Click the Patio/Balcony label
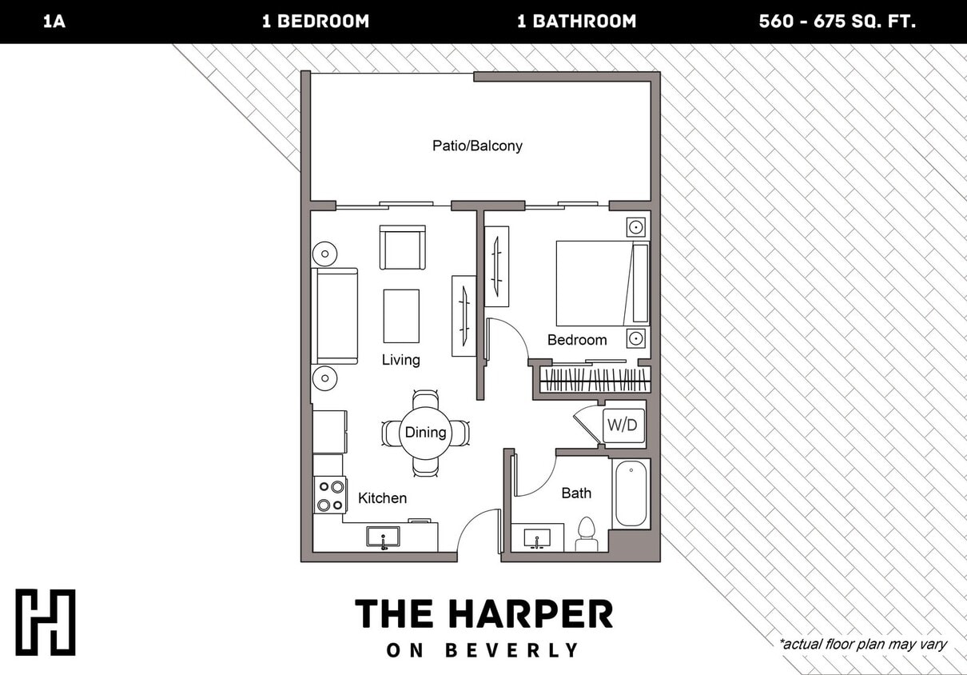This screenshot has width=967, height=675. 477,146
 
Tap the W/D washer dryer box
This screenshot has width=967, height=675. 623,425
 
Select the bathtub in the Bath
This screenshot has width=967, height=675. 631,493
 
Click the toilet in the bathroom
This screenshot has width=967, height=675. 587,535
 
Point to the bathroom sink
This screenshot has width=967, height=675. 536,537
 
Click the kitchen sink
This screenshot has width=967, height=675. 384,537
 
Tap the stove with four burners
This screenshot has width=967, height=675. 330,494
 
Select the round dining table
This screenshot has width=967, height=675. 425,433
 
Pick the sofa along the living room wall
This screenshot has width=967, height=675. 336,316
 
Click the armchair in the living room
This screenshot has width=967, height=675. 402,248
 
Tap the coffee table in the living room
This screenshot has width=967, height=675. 401,316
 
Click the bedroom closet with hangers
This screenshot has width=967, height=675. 595,378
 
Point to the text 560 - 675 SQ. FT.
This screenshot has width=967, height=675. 837,22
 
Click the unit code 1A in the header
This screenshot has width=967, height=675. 54,22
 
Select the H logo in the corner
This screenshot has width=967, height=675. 46,622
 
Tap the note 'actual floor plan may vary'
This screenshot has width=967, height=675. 862,644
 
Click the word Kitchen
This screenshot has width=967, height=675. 382,498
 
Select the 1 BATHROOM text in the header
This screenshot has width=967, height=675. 576,22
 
